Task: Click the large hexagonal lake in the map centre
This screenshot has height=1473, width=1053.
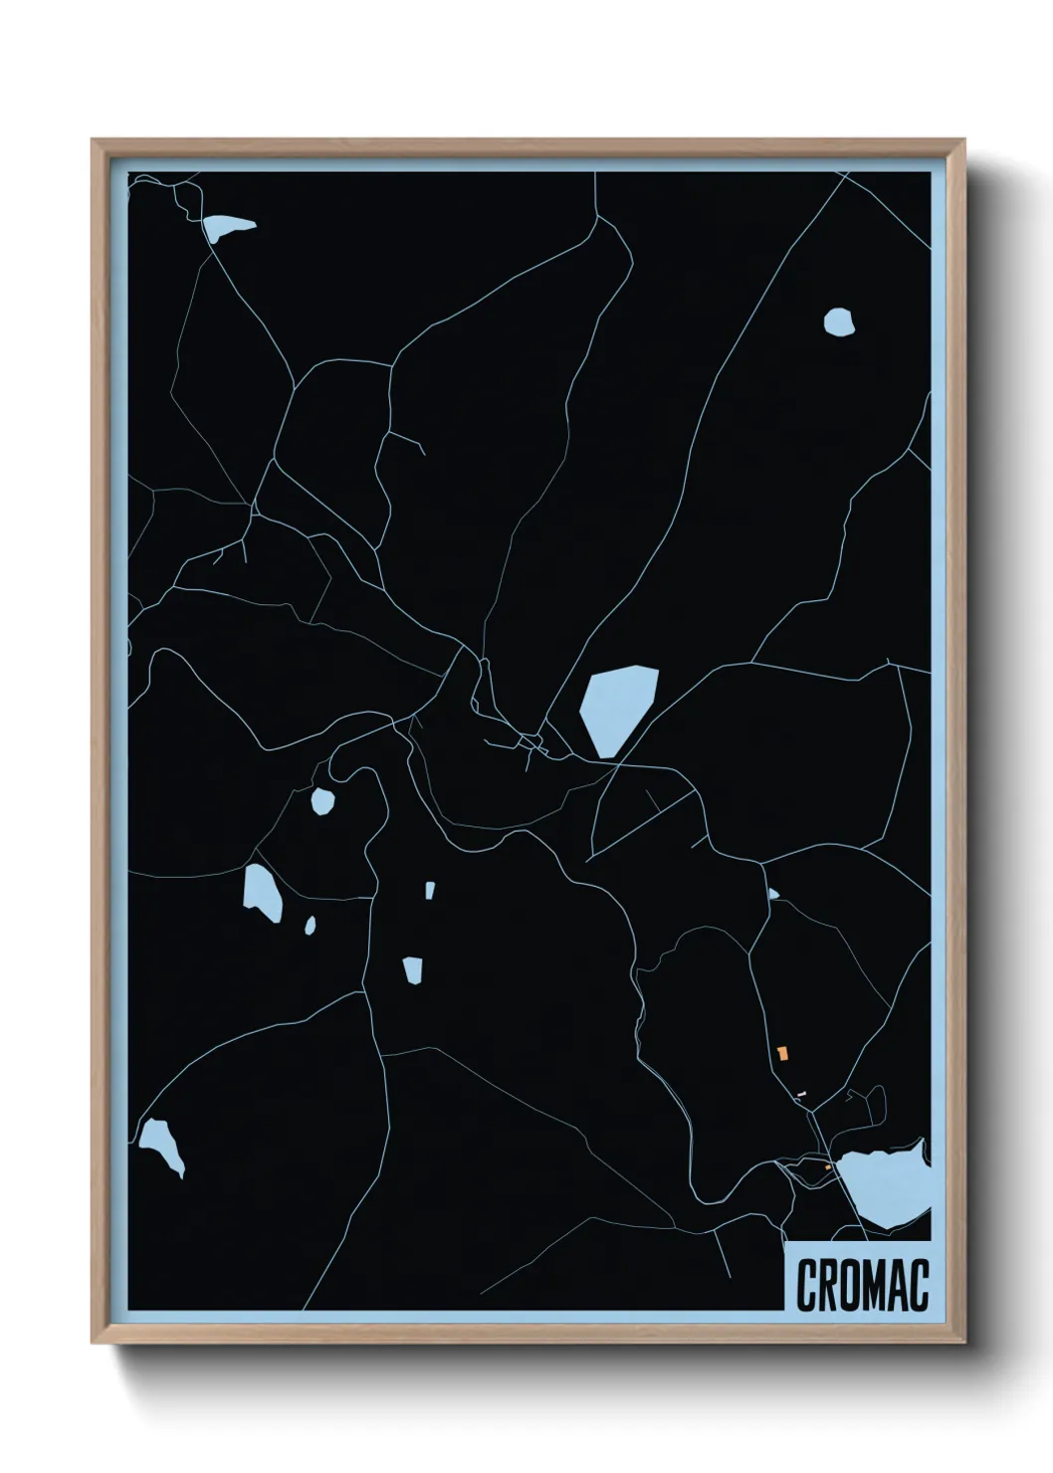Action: coord(618,708)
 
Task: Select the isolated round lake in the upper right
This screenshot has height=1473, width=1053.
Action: coord(839,321)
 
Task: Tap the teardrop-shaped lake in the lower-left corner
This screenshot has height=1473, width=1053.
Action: coord(161,1144)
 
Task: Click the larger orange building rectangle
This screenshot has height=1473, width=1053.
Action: coord(783,1052)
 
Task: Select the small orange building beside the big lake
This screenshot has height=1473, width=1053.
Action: coord(828,1166)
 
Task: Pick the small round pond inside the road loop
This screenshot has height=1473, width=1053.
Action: coord(322,800)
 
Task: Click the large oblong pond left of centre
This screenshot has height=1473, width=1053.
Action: coord(262,891)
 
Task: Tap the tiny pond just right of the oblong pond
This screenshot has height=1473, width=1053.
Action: coord(310,926)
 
